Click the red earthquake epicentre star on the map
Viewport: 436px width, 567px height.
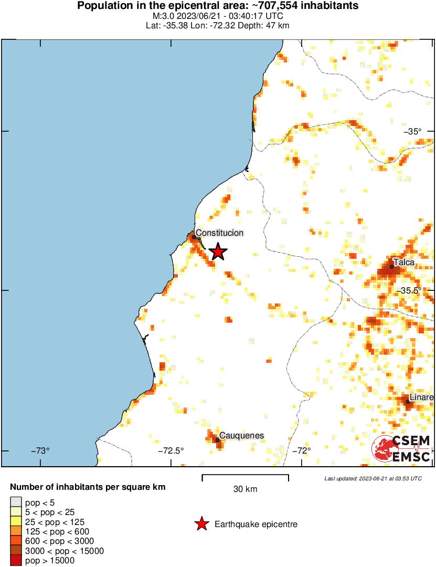218,252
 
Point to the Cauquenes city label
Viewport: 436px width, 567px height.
241,435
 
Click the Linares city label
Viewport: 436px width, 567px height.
421,397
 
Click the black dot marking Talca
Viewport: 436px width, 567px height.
391,267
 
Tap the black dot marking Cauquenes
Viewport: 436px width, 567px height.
217,440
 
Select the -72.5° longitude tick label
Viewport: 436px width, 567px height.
171,450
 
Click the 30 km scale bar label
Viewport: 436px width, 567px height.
245,489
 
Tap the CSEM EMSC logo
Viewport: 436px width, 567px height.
401,449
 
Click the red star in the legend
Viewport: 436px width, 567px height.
200,524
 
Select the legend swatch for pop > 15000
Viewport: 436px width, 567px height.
16,560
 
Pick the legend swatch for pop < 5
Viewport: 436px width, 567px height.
16,502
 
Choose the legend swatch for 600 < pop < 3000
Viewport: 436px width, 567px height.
16,541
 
